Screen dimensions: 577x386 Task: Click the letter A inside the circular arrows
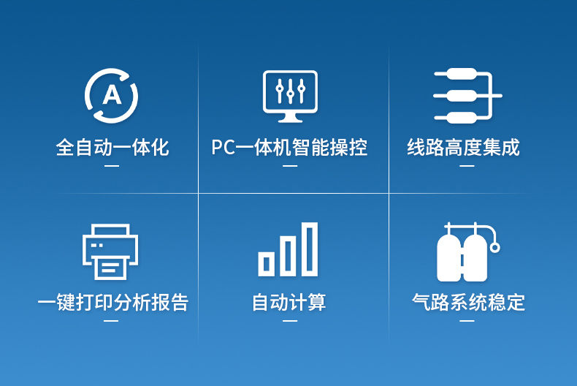[x=112, y=95]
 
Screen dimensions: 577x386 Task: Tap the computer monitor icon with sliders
[x=290, y=96]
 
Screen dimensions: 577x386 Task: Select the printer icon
[x=110, y=251]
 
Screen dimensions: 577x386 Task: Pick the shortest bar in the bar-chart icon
[x=267, y=264]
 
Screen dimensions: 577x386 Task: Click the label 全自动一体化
[x=112, y=148]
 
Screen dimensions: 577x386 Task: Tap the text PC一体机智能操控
[x=289, y=148]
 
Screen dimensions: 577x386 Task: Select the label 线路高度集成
[x=463, y=148]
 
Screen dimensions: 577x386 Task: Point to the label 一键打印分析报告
[x=113, y=303]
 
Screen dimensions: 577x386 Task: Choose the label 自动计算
[x=289, y=303]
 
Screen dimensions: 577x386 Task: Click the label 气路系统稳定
[x=468, y=303]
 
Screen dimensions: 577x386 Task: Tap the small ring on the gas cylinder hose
[x=495, y=247]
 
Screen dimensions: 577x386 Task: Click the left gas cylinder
[x=448, y=258]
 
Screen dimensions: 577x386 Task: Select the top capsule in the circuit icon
[x=462, y=74]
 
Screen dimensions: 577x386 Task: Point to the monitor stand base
[x=291, y=119]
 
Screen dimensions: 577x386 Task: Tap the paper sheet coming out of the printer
[x=110, y=268]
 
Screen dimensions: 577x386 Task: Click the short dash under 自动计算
[x=290, y=321]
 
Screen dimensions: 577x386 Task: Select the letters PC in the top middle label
[x=223, y=148]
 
